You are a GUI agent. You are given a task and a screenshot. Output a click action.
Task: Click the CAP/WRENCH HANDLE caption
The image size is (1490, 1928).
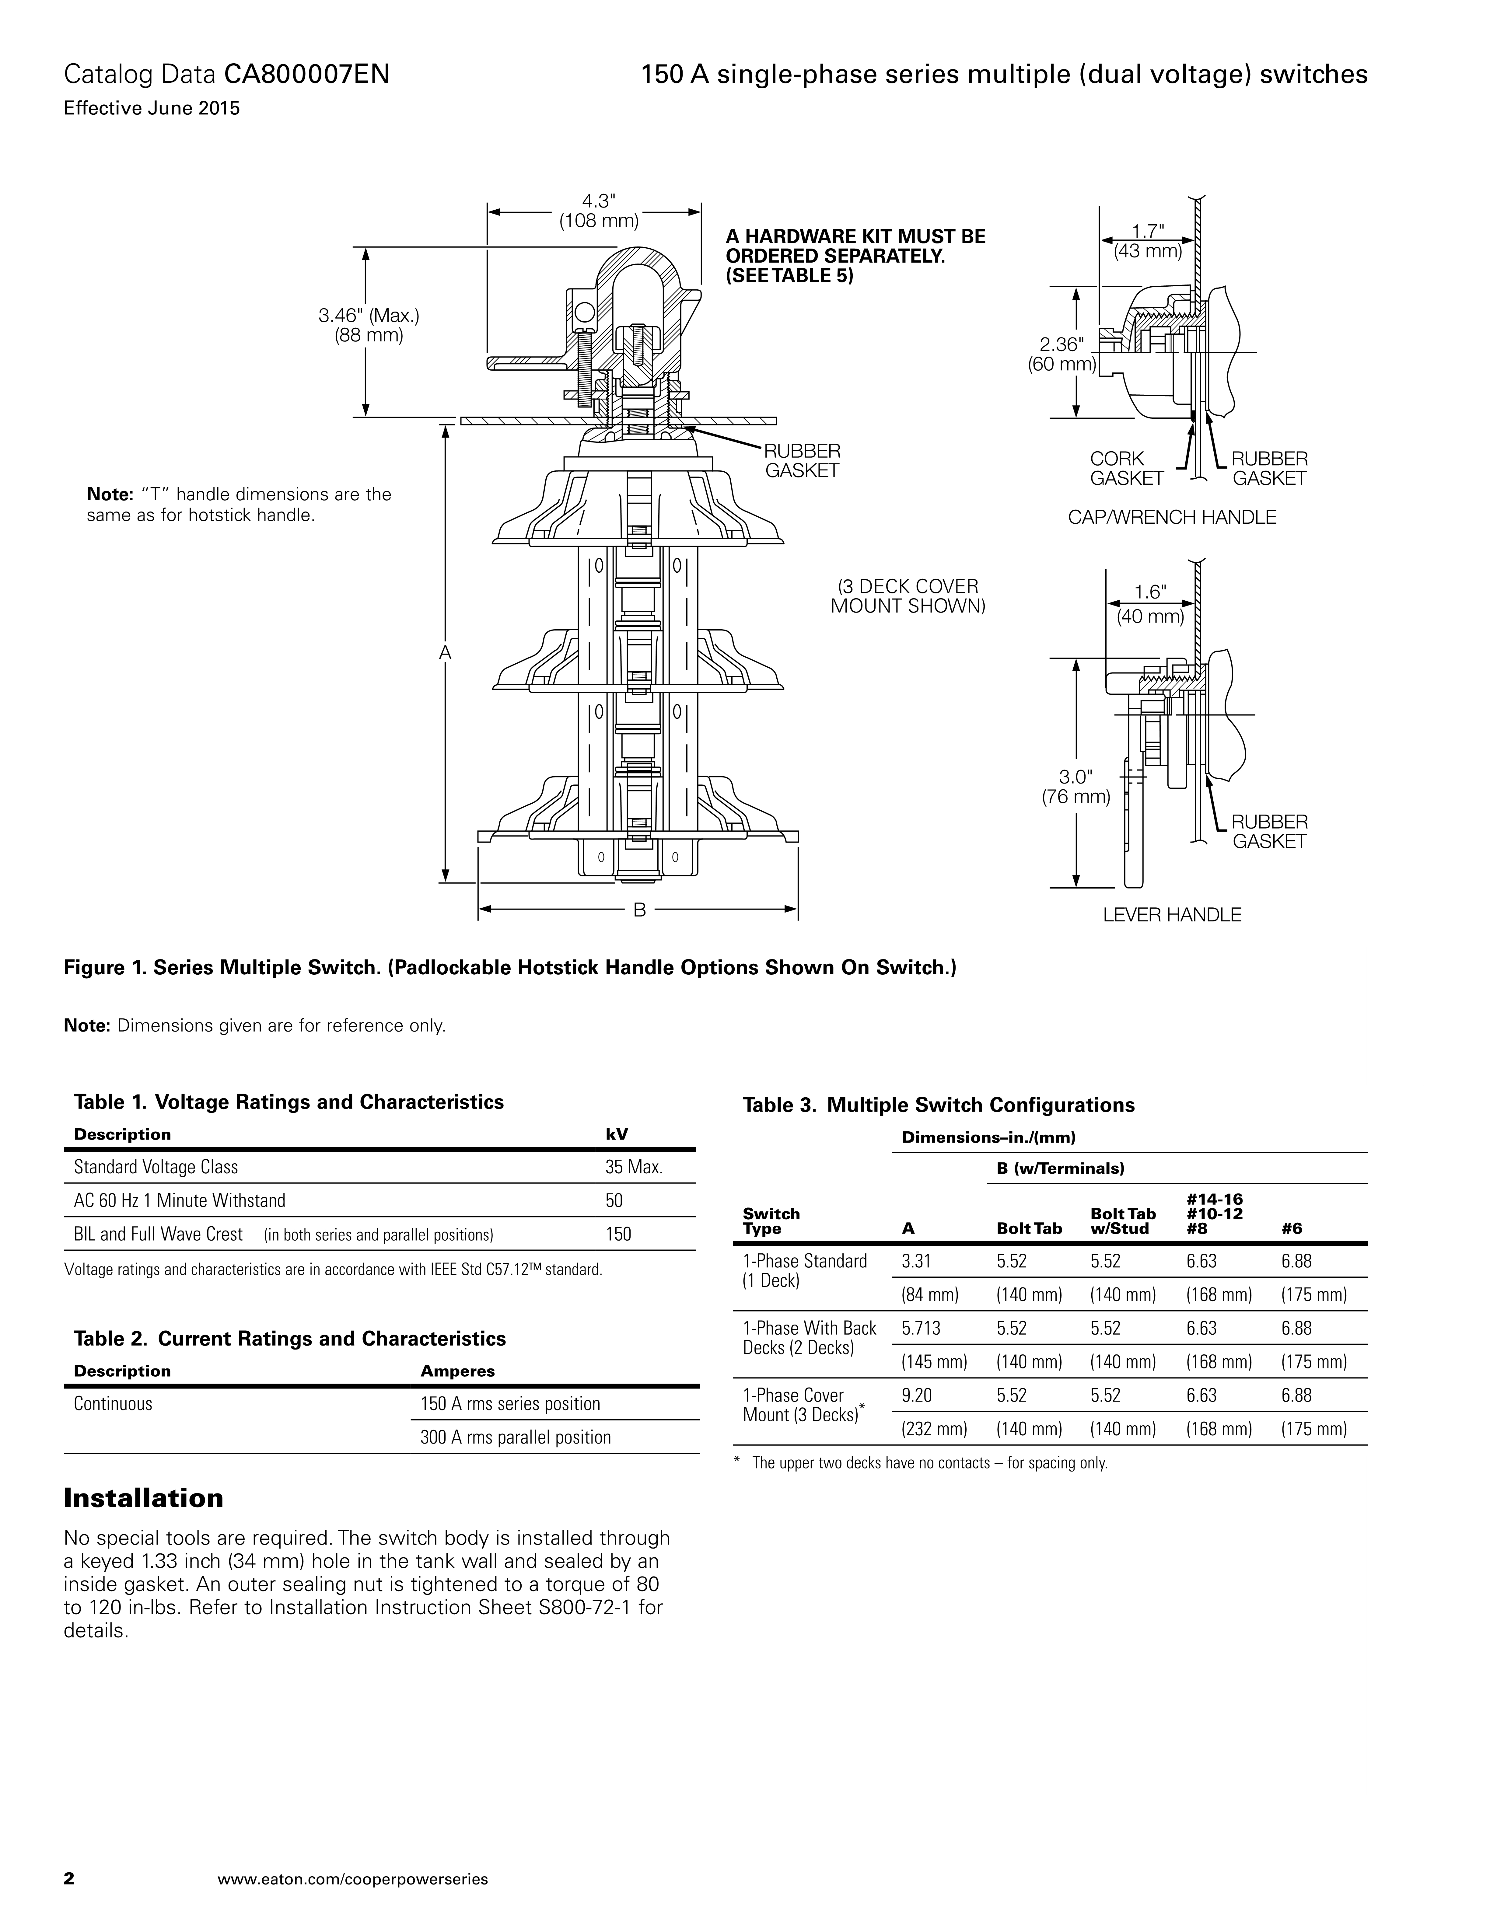click(1171, 517)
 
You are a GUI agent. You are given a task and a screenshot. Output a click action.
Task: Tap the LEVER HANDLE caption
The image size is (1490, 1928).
click(1171, 915)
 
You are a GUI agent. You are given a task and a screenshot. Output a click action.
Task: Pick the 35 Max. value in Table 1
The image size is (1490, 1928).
click(633, 1167)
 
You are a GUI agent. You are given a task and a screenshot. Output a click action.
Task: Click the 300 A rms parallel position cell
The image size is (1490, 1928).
click(515, 1437)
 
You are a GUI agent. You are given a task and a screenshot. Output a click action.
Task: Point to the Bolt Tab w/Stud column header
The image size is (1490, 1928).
click(1123, 1221)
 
